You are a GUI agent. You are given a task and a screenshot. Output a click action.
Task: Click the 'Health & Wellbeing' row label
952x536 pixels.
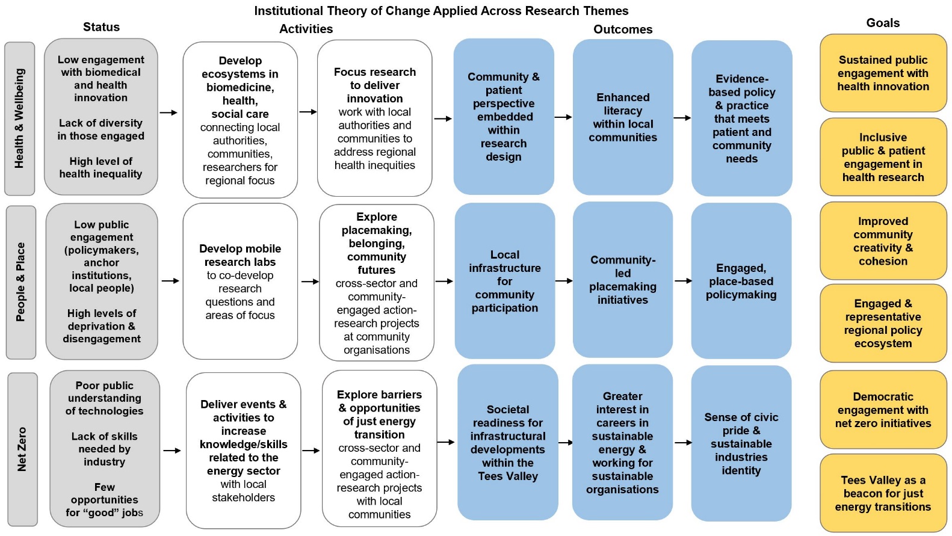pos(20,119)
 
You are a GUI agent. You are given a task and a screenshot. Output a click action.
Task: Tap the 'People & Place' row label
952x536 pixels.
pos(21,282)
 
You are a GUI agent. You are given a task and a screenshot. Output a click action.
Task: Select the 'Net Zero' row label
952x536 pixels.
pos(22,449)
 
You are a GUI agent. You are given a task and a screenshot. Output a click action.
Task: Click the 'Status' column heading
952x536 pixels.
pos(101,27)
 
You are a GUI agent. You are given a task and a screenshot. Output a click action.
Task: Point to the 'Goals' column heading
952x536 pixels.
pos(883,23)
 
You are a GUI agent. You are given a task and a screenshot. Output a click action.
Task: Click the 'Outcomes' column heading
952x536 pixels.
pos(623,29)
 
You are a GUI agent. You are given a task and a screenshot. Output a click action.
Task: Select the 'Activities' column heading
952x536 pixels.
pos(306,29)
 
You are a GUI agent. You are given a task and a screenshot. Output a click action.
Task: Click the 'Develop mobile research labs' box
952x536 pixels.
pos(240,282)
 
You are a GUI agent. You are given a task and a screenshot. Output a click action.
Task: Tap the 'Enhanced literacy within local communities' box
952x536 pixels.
pos(623,117)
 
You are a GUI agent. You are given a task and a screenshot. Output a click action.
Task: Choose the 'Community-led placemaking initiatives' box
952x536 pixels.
pos(623,280)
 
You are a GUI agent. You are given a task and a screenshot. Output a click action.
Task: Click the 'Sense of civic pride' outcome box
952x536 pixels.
pos(741,443)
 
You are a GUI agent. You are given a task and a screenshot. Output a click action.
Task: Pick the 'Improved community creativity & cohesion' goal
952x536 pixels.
pos(883,241)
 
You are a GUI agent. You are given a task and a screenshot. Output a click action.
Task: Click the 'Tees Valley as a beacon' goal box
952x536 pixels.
pos(883,493)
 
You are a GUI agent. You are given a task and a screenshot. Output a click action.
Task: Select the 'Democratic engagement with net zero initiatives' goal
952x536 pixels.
pos(883,410)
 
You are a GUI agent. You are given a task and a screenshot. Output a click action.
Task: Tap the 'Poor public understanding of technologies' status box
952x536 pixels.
pos(105,449)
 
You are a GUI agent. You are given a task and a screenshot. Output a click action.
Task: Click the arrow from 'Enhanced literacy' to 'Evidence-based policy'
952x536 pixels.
pos(682,118)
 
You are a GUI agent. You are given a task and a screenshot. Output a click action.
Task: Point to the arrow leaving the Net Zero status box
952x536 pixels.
pos(172,451)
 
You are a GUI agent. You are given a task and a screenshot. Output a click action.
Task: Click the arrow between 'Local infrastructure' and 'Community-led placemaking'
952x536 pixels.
pos(564,281)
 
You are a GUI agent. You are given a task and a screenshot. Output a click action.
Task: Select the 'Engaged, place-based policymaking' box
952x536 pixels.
pos(741,281)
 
